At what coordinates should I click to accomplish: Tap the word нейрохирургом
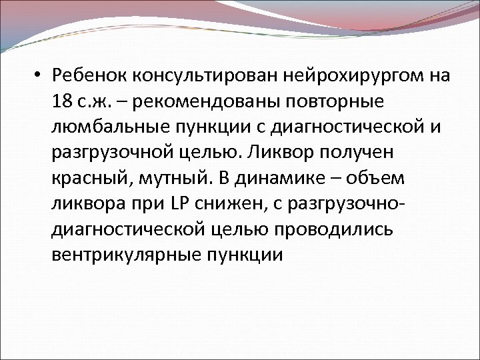coord(345,76)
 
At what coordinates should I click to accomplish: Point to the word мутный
coord(171,179)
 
